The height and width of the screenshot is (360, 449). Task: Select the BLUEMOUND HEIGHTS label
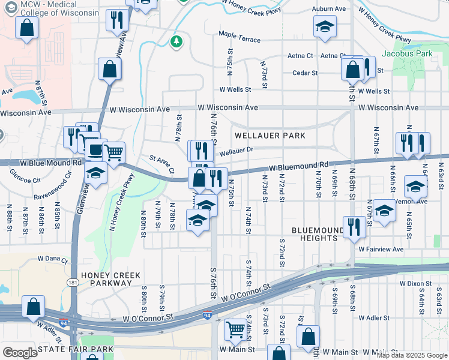(315, 234)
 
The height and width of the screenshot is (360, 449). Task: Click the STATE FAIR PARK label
(75, 349)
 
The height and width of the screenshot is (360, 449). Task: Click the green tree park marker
(176, 41)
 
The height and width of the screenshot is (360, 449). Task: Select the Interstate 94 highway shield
(207, 314)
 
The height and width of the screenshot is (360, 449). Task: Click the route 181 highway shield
(71, 282)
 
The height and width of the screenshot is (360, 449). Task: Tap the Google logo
(20, 353)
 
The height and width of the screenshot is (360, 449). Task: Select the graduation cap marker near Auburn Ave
(325, 27)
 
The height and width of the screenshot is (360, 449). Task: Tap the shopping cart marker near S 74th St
(235, 329)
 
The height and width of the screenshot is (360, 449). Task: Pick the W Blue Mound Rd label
(50, 163)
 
